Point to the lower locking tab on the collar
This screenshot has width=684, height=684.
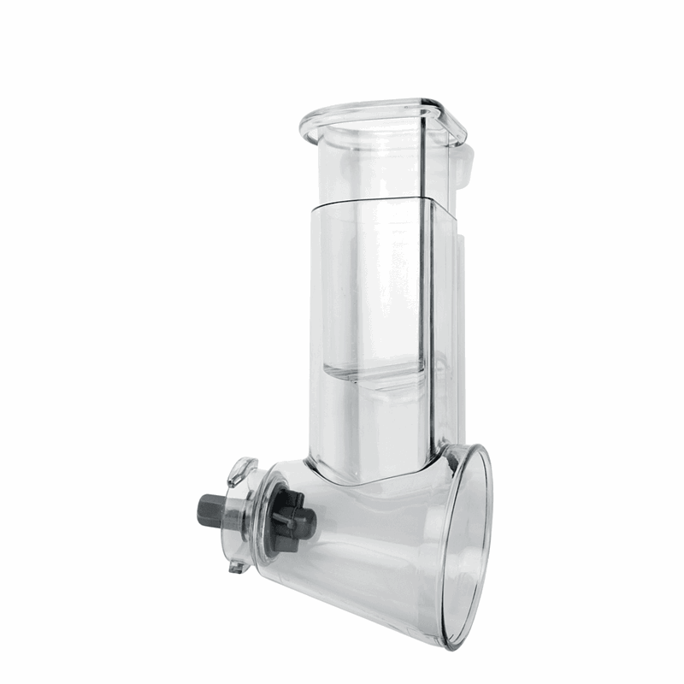(x=237, y=564)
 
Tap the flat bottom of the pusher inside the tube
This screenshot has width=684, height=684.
(x=376, y=376)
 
